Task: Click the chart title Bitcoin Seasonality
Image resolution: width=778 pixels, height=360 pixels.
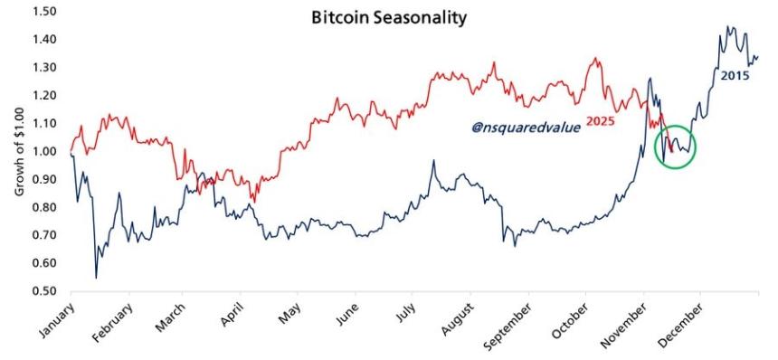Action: point(388,17)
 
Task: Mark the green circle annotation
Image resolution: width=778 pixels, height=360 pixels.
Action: point(675,146)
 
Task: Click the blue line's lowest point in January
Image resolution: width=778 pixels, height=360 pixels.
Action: point(96,277)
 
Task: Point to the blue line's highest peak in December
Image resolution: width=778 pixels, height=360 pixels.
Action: point(729,27)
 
